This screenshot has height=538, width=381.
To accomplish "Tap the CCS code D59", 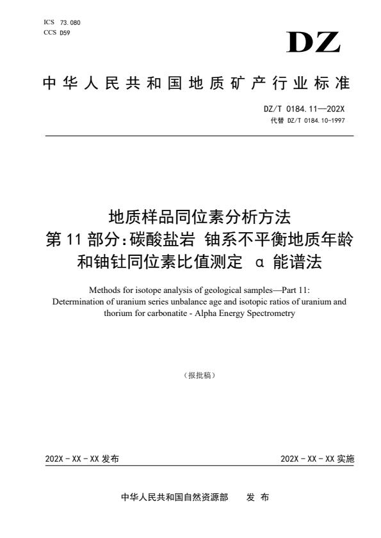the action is point(65,33).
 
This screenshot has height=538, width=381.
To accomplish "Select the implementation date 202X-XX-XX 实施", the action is point(317,459).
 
